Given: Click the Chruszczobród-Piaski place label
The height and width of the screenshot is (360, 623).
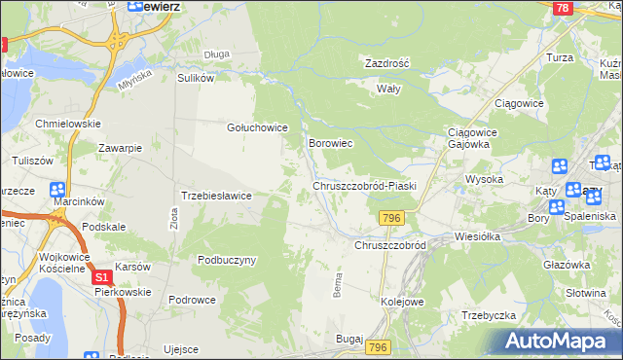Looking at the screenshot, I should [x=364, y=186].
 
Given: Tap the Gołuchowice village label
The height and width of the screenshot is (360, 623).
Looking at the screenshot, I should [x=256, y=127].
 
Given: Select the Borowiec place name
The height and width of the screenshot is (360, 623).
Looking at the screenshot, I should [x=329, y=143].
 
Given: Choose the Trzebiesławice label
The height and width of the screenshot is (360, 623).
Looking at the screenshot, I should [x=217, y=196].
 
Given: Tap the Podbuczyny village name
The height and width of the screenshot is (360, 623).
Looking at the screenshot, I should [x=227, y=261].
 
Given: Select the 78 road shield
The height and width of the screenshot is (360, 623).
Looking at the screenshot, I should [x=561, y=8].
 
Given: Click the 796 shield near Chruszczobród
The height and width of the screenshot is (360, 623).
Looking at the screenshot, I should [x=392, y=217].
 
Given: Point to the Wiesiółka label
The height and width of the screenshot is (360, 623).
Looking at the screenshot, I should [x=477, y=236].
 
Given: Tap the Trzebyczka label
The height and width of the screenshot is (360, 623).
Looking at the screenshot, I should [x=488, y=315].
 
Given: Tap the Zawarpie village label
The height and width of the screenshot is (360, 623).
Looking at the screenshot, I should [x=121, y=148].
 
